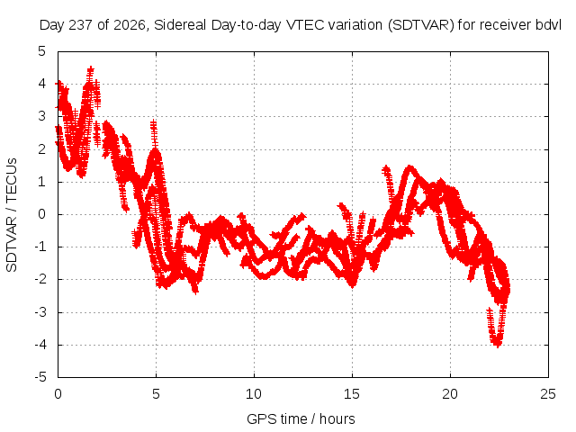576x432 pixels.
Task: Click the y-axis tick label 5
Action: coord(42,51)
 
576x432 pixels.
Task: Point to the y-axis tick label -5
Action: coord(40,377)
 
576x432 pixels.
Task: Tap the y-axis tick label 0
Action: coord(42,214)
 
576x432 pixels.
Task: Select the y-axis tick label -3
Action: coord(40,312)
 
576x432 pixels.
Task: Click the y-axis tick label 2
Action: coord(42,148)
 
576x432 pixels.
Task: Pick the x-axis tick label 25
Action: coord(548,394)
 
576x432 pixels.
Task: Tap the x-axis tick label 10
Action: coord(254,394)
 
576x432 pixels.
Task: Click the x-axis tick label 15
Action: coord(352,394)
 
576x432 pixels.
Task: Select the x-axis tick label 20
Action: coord(450,394)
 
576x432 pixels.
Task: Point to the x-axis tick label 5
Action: coord(156,394)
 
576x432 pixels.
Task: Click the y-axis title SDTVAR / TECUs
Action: coord(12,215)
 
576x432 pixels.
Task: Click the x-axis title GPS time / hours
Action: coord(301,418)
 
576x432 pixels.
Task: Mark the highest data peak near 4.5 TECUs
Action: coord(90,69)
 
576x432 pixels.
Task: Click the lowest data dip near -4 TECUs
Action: coord(498,345)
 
